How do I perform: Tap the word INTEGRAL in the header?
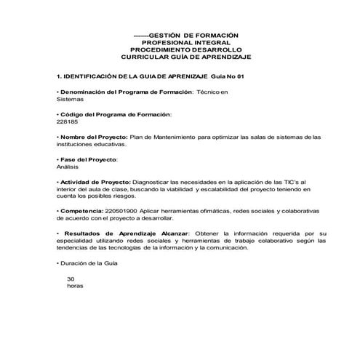(207, 43)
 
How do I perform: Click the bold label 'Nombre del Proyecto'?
(94, 137)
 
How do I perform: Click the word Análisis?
(68, 167)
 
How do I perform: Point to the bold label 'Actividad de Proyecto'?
(95, 181)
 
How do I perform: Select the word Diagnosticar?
(156, 181)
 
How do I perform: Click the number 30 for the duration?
(71, 279)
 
